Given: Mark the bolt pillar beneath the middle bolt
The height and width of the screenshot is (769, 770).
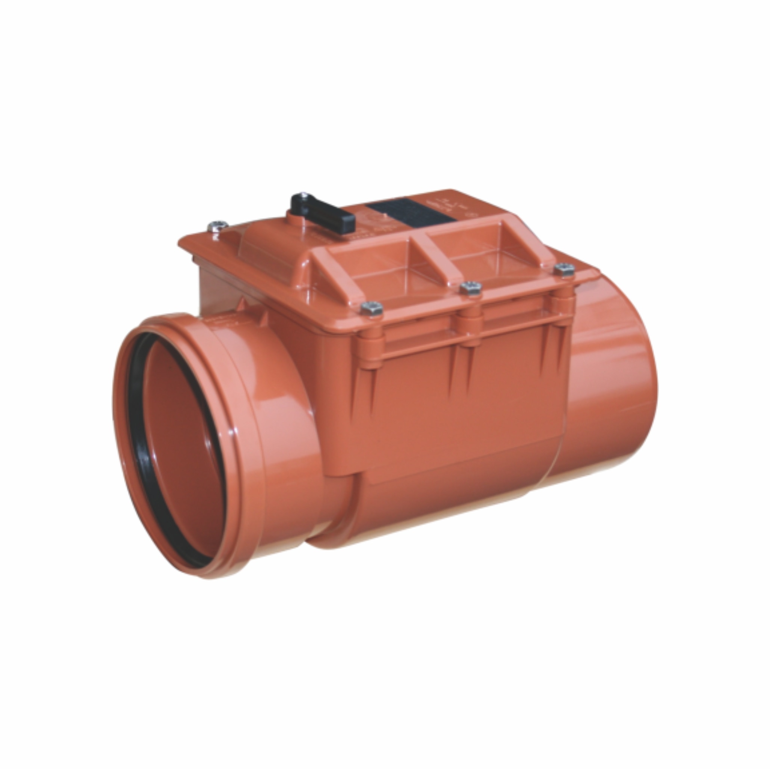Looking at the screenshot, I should tap(470, 322).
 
